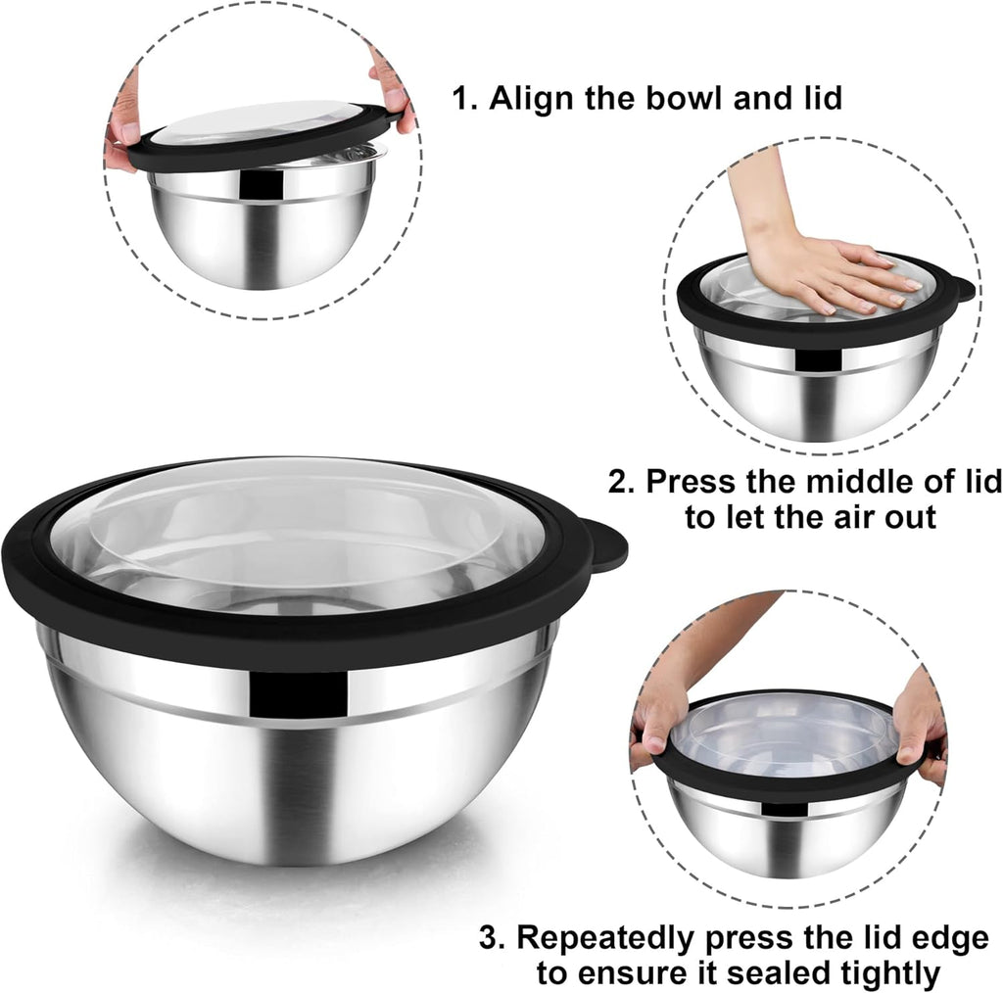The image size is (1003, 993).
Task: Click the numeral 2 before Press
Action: pyautogui.click(x=618, y=482)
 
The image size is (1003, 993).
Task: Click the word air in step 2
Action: pyautogui.click(x=838, y=516)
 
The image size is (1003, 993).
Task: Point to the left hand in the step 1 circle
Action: pyautogui.click(x=123, y=127)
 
